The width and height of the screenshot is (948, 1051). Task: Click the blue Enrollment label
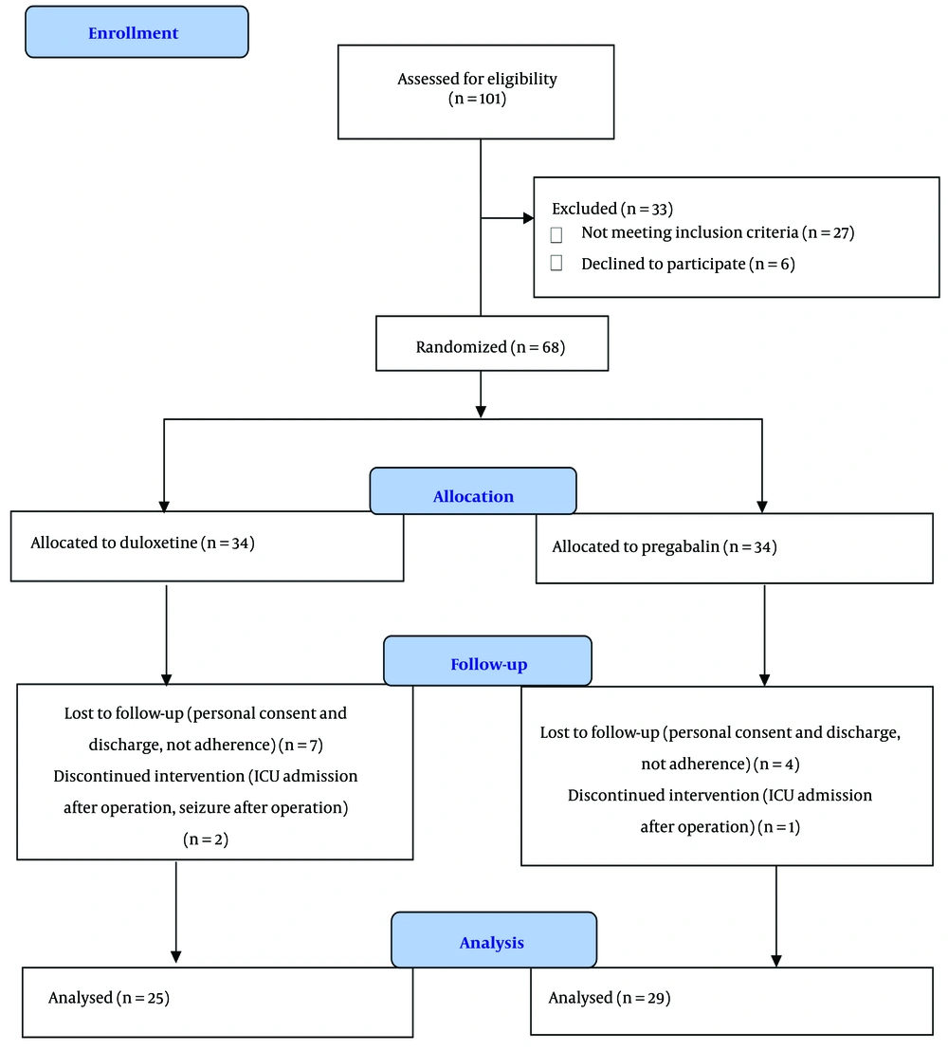[134, 33]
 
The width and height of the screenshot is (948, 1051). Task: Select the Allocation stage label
[473, 496]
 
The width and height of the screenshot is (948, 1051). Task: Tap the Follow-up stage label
[488, 664]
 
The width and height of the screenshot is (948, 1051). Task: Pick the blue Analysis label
[492, 943]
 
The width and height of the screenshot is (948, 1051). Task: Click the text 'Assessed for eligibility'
[477, 79]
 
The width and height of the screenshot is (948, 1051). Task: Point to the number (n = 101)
[477, 99]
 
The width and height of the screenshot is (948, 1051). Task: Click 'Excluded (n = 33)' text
[612, 209]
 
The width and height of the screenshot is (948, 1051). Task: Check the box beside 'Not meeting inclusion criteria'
[556, 234]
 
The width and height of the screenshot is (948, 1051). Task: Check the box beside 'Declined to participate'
[556, 263]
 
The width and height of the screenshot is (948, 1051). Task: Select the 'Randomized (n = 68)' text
[490, 346]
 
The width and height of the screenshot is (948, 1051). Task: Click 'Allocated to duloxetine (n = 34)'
[143, 543]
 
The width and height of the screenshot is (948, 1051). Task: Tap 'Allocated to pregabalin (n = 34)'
[665, 546]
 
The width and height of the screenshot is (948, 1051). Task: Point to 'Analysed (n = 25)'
[108, 997]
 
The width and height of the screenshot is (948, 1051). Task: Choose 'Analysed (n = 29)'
[609, 997]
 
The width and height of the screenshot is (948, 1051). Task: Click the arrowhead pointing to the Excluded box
[529, 218]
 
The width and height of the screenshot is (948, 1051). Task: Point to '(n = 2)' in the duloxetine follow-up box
[206, 839]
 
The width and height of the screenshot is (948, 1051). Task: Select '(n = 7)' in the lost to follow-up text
[301, 745]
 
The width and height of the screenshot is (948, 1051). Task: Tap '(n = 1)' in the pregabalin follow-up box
[778, 826]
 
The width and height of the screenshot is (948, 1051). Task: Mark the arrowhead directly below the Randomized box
[481, 412]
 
